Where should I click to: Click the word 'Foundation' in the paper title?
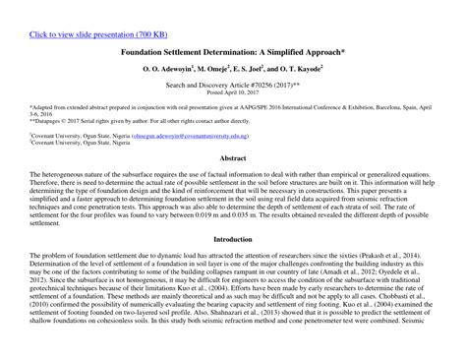(146, 52)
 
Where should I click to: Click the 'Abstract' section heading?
(233, 157)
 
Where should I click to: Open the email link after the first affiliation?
(193, 136)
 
